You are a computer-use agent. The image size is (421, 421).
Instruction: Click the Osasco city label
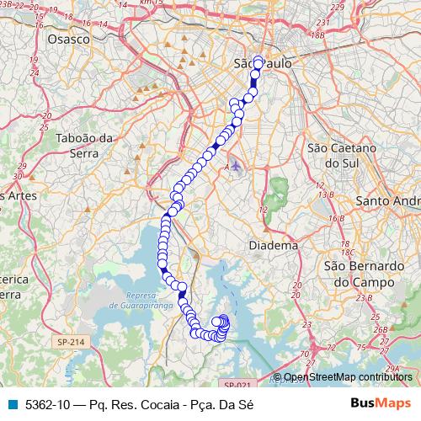tap(69, 39)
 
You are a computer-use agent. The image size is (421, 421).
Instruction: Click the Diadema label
tap(274, 245)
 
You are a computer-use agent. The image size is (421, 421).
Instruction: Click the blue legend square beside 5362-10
tap(15, 404)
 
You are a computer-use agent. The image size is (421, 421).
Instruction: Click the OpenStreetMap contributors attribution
tap(348, 377)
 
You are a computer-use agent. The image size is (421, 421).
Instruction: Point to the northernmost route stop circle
tap(258, 61)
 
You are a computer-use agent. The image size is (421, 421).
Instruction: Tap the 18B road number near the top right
tap(317, 35)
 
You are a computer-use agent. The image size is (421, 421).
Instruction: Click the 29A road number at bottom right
tap(392, 369)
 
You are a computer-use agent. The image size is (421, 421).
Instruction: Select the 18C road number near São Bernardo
tap(346, 252)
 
